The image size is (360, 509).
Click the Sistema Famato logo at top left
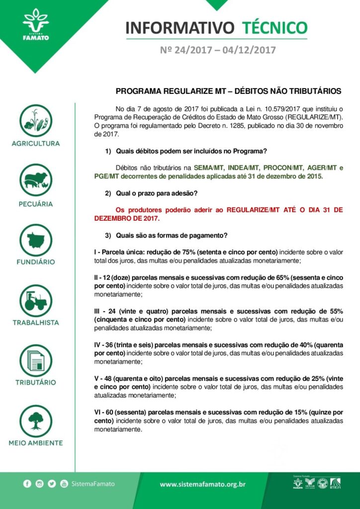[x=36, y=25]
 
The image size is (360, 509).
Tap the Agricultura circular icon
[x=36, y=120]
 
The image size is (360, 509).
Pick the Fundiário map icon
[x=36, y=240]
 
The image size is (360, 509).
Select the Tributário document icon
[x=36, y=360]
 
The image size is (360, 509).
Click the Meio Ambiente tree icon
[x=36, y=421]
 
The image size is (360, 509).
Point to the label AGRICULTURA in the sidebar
[x=36, y=144]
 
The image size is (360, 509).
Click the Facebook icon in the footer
[x=27, y=484]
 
